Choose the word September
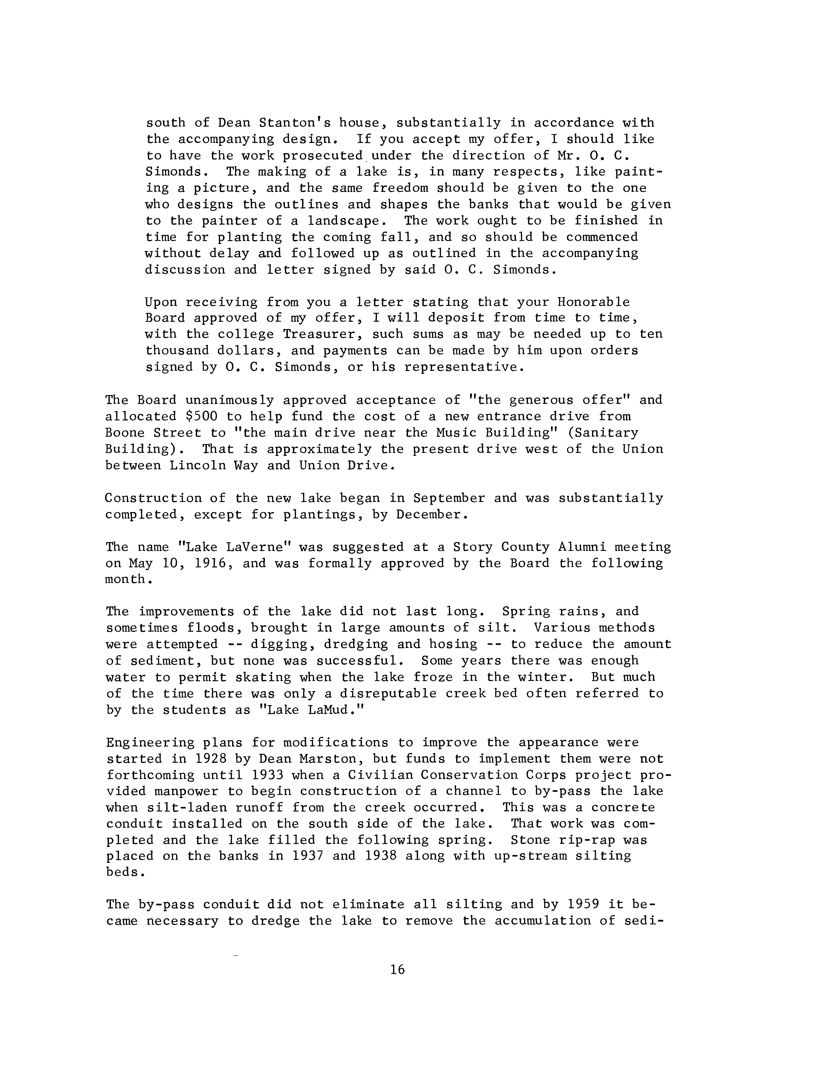click(x=449, y=498)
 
